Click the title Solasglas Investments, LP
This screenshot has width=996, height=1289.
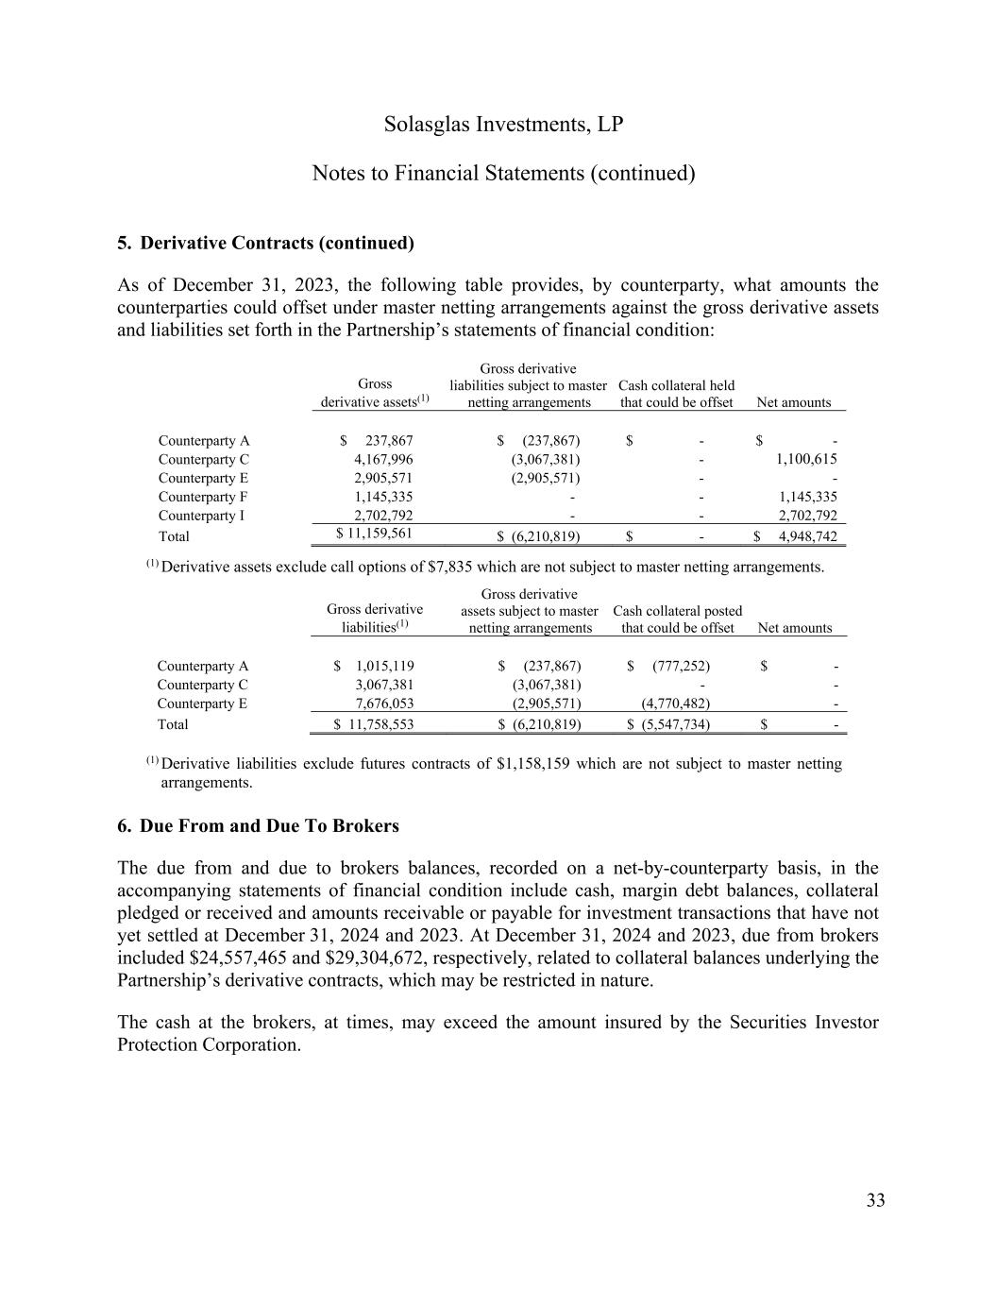coord(503,125)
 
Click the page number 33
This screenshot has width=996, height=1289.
coord(875,1200)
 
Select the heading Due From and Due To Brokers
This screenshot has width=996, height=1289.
coord(268,826)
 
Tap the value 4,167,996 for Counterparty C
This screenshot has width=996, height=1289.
coord(383,460)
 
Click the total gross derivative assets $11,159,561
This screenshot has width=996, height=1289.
coord(375,534)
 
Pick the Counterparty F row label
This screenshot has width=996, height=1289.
coord(203,497)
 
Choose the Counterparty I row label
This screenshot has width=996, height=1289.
coord(201,516)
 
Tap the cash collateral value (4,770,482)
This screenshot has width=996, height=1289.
coord(676,704)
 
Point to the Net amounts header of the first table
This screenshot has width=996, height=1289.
coord(794,403)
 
